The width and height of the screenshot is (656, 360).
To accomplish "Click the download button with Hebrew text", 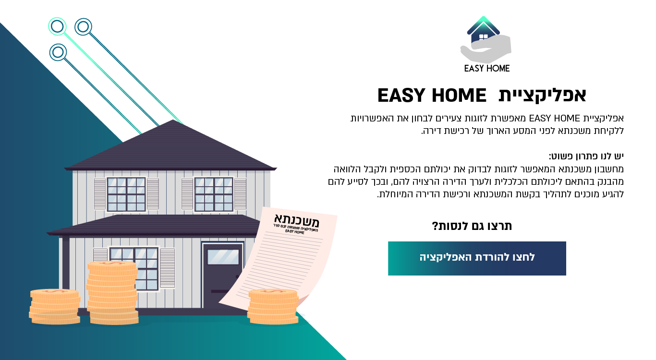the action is tap(477, 258).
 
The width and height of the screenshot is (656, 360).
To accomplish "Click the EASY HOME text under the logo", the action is tap(486, 68).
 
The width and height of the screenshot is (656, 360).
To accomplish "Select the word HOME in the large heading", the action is tap(460, 96).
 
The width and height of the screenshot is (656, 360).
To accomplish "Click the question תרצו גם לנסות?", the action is tap(472, 226).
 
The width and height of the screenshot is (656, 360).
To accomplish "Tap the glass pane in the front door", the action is tap(223, 257).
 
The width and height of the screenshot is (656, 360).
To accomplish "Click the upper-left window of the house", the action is tap(126, 194).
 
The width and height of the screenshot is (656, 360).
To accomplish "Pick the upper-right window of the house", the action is tap(213, 194).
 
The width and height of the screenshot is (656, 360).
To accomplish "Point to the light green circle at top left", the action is tap(57, 26).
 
